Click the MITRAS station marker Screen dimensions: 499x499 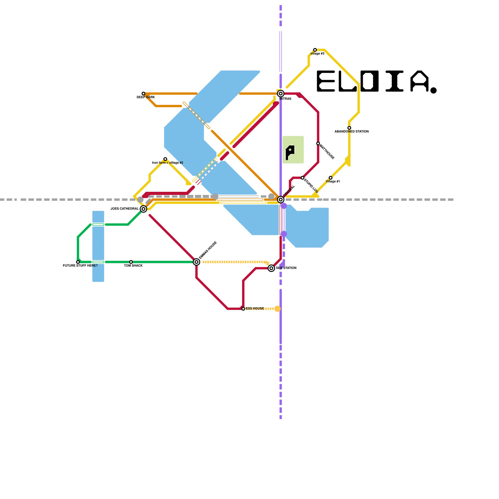point(281,94)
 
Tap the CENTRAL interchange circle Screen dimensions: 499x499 point(281,200)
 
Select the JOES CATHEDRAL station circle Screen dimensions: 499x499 point(143,209)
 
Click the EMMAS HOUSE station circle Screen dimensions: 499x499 point(196,262)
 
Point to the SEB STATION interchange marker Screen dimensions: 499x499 point(271,268)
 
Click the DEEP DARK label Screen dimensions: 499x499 point(146,97)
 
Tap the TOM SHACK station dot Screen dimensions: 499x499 point(131,262)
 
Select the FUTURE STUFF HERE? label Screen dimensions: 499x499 point(80,266)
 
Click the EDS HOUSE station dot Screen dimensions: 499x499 point(243,309)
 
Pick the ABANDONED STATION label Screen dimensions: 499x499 point(351,132)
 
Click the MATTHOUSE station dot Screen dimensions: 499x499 point(318,143)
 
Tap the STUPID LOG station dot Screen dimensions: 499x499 point(303,178)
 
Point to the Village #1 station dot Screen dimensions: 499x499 point(331,178)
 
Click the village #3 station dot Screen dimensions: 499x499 point(315,50)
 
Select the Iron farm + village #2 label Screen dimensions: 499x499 point(167,163)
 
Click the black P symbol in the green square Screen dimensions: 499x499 point(290,152)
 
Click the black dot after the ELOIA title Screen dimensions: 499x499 point(434,90)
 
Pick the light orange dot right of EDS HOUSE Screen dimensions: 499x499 point(278,309)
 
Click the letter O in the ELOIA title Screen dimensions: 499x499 point(370,81)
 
